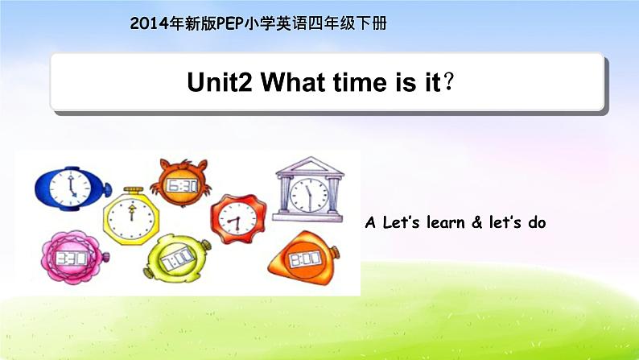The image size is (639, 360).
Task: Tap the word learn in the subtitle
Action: click(x=446, y=222)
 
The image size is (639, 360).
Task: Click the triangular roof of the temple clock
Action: click(x=309, y=166)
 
